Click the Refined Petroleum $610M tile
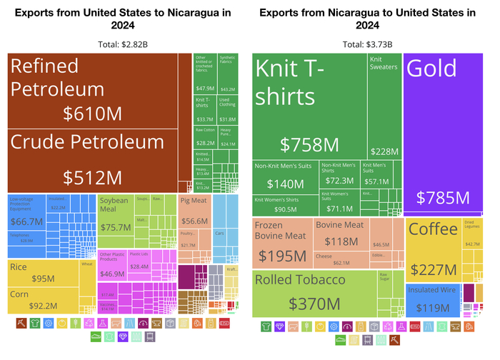(x=100, y=91)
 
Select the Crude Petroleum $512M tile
(x=100, y=161)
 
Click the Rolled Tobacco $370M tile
(x=314, y=293)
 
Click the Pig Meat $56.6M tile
(x=194, y=211)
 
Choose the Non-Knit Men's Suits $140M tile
(x=285, y=177)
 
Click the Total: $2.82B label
(x=124, y=44)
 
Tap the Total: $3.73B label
(x=366, y=44)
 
